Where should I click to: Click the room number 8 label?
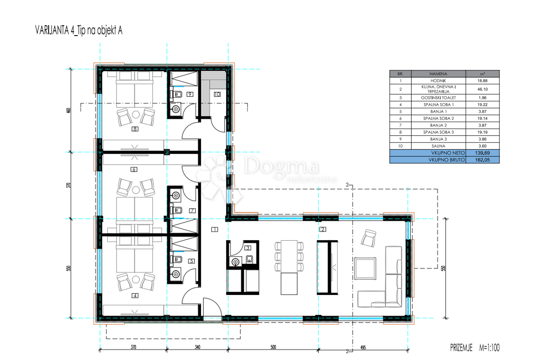134,129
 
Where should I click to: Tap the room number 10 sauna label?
217,94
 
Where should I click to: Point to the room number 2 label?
323,230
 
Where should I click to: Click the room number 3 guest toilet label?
248,247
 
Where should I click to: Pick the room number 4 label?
134,295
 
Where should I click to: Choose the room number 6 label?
133,169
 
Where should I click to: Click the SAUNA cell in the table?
438,146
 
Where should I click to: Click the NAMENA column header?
438,74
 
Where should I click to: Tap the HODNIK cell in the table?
438,81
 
